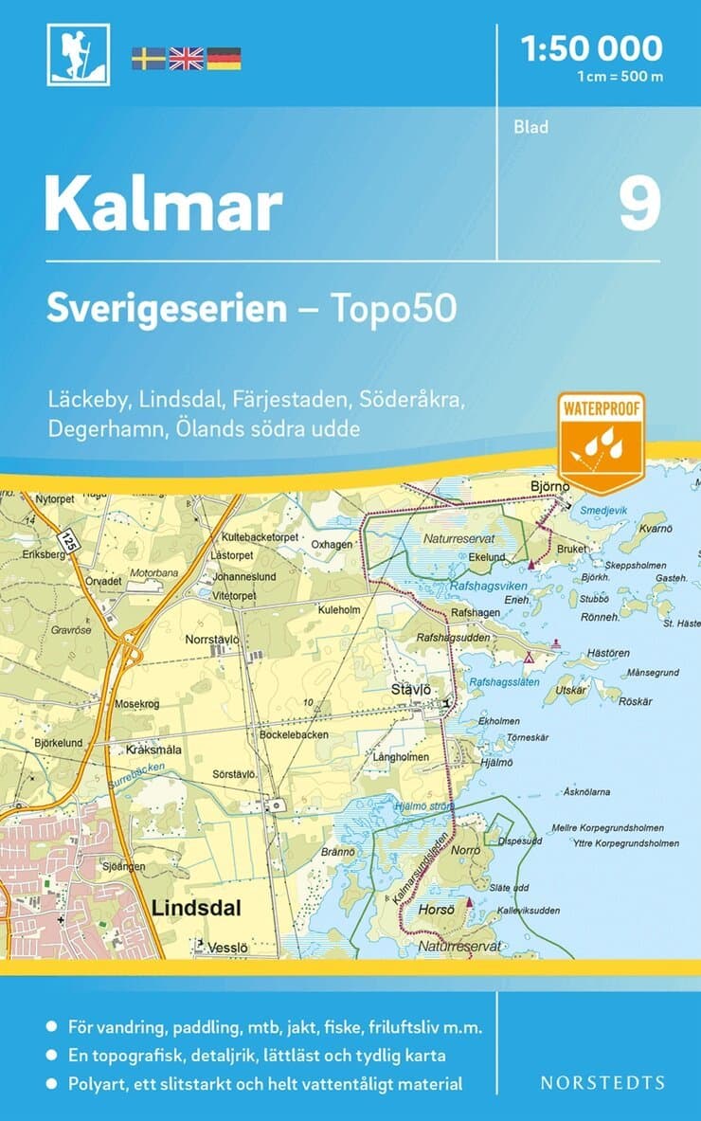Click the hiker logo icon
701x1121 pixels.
click(x=78, y=54)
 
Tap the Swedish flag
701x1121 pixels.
click(x=148, y=59)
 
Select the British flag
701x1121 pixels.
click(x=186, y=59)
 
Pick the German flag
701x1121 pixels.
click(x=224, y=59)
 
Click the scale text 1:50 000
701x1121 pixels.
click(x=592, y=47)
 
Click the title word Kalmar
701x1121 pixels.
click(x=163, y=204)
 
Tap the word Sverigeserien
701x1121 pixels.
click(x=167, y=308)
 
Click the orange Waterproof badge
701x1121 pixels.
click(x=601, y=442)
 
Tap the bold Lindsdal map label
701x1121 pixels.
click(x=196, y=908)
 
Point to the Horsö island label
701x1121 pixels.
click(x=437, y=910)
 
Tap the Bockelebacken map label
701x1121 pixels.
click(x=293, y=734)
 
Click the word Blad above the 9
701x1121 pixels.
click(x=531, y=127)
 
